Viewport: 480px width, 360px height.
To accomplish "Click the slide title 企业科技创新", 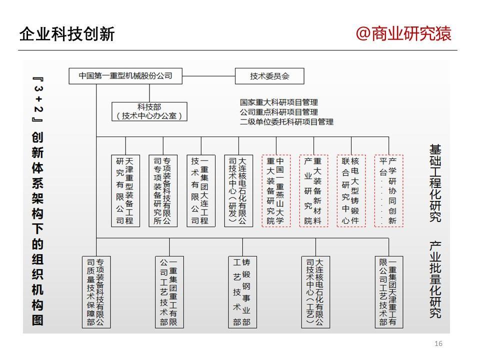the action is coord(67,33).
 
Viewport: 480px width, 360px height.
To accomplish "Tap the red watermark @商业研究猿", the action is coord(403,33).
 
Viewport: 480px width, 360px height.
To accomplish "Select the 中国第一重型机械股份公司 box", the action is coord(125,76).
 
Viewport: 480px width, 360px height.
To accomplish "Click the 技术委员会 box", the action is coord(269,76).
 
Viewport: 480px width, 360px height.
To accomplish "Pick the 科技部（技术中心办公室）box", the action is coord(149,111).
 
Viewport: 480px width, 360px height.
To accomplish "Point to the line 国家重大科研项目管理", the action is coord(278,102).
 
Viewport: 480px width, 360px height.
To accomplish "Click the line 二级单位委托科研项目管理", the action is coord(286,122).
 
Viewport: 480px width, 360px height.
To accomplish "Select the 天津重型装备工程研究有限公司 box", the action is coord(125,190).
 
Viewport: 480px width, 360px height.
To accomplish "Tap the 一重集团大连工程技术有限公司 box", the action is coord(201,190).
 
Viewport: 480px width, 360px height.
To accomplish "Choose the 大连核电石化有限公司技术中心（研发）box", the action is coord(238,190).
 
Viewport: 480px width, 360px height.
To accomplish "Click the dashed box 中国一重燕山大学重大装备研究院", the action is coord(276,190).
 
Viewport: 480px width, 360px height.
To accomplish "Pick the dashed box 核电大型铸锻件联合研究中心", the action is coord(351,190).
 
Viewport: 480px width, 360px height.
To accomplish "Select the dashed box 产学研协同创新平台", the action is coord(389,190).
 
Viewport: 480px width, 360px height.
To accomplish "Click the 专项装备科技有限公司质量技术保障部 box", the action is coord(96,292).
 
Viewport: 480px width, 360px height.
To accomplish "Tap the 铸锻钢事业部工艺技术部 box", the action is coord(242,292).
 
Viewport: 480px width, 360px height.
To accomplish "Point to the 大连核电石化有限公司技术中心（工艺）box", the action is coord(315,292).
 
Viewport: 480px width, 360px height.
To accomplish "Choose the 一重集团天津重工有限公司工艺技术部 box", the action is coord(389,292).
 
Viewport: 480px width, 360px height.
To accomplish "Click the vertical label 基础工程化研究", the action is coord(435,183).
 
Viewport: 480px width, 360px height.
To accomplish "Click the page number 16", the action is coord(438,343).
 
